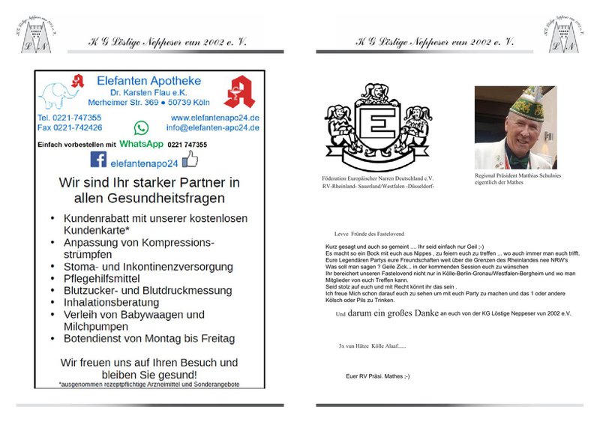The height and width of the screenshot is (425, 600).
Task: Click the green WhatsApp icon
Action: coord(141,128)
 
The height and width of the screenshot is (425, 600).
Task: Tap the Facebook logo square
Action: coord(98,160)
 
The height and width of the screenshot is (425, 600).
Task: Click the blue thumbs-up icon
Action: coord(190,159)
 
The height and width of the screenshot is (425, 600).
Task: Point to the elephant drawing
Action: coord(60,96)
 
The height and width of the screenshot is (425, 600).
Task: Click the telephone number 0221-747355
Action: coord(70,118)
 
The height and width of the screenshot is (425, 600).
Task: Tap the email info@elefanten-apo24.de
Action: coord(214,127)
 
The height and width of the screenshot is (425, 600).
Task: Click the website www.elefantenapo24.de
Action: coord(214,118)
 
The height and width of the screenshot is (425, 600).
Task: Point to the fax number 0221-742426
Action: coord(70,127)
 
